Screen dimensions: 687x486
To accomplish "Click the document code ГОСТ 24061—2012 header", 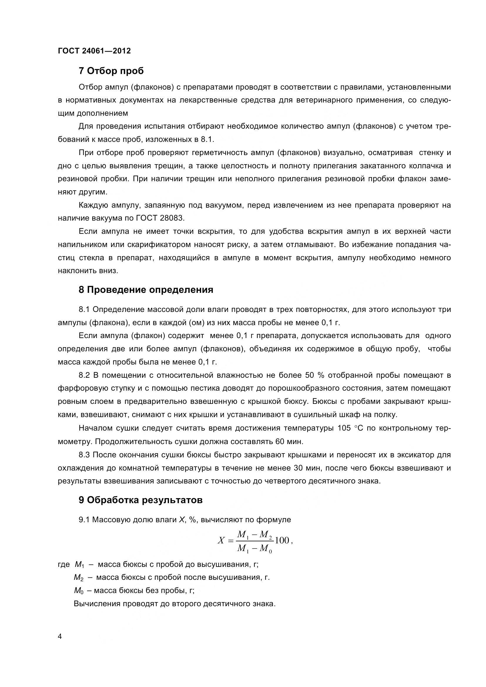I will coord(94,51).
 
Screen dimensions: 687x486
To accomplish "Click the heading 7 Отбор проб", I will coord(111,71).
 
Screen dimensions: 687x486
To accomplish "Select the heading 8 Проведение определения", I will coord(146,290).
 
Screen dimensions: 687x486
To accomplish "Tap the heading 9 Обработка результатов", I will coord(140,500).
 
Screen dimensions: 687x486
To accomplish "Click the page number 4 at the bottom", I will coord(60,645).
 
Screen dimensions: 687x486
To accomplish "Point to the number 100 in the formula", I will coord(282,540).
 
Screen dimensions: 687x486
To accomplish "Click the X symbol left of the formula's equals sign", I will coord(221,540).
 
